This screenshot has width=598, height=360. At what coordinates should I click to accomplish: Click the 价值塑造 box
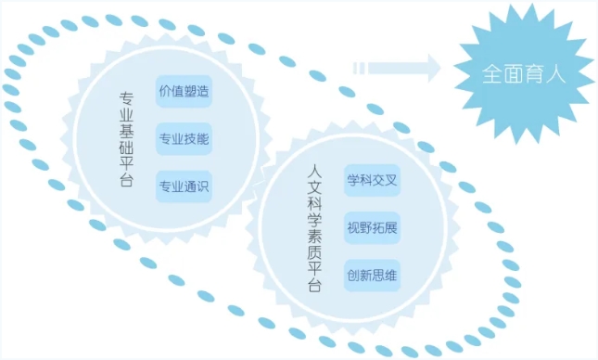point(184,92)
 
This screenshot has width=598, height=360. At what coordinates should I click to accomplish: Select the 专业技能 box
point(184,139)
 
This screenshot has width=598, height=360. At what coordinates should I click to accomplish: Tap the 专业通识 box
point(184,186)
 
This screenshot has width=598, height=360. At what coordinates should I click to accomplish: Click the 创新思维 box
point(372,275)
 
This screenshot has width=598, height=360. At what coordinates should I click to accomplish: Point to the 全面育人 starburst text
point(523,75)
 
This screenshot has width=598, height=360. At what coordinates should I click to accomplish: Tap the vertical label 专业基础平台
point(126,138)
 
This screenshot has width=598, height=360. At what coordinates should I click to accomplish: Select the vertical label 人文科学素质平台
point(314,226)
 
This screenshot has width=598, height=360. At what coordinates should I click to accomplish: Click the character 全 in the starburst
point(490,75)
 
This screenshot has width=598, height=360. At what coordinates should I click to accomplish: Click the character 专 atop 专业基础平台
point(126,97)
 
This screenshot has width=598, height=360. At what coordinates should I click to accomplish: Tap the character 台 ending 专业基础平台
point(126,180)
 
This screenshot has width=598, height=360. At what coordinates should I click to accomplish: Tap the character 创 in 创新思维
point(352,275)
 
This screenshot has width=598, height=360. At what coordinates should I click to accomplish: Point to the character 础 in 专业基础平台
point(126,147)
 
